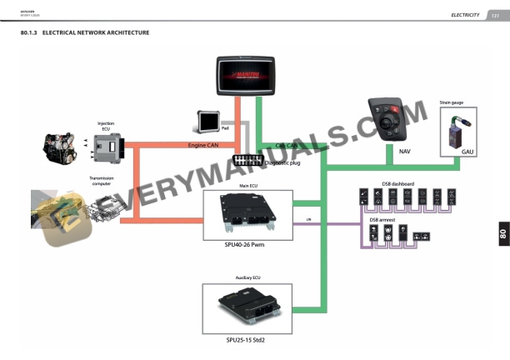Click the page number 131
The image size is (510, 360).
click(495, 15)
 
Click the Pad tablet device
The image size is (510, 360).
click(208, 122)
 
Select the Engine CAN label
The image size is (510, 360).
click(203, 145)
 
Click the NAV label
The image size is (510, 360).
click(405, 152)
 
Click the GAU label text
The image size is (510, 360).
click(467, 152)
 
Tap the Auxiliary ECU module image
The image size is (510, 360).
click(247, 308)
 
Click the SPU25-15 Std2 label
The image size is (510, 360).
click(247, 340)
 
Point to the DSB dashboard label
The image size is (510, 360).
click(398, 182)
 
